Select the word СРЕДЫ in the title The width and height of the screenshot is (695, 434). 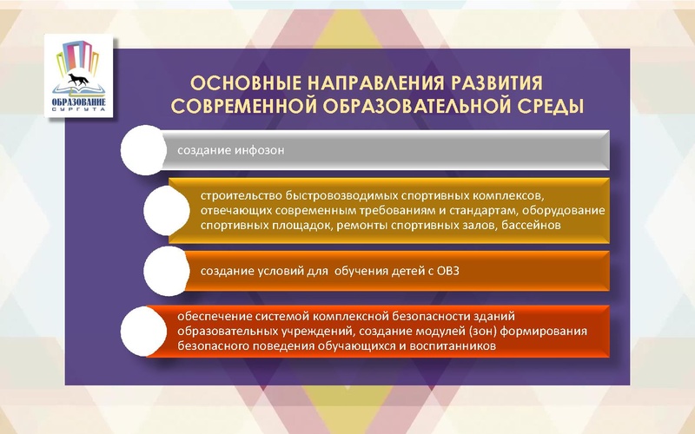[544, 107]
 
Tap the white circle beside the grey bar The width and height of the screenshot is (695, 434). [142, 150]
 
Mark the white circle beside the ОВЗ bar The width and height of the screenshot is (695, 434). [165, 271]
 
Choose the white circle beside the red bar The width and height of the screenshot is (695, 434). [142, 331]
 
